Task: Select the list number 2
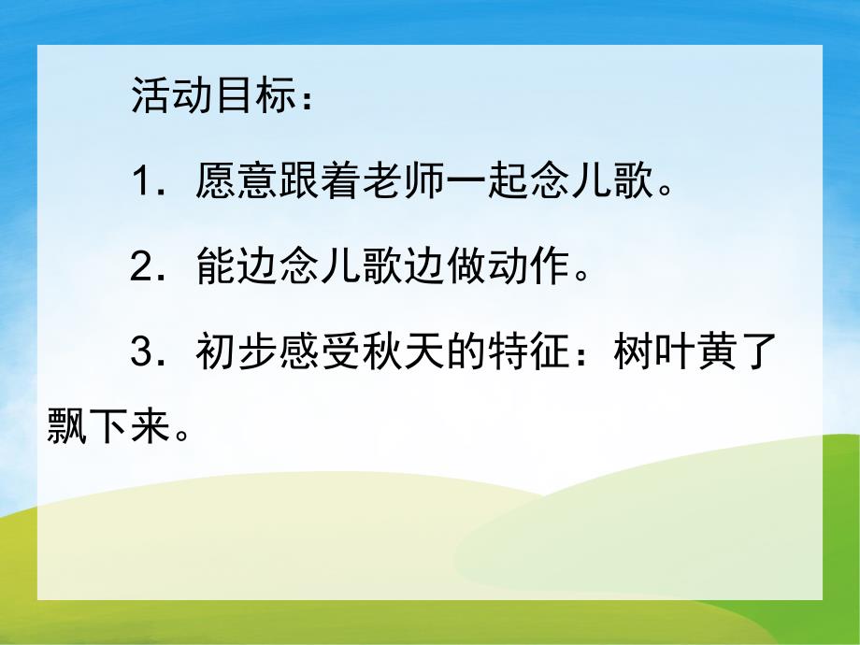tap(141, 268)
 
